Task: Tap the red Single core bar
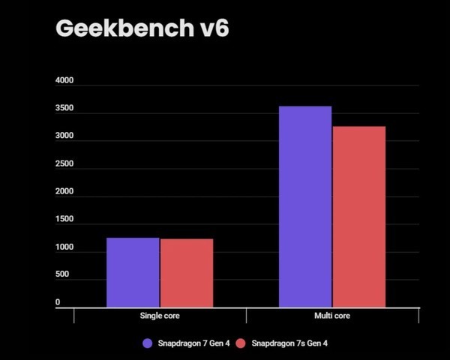pyautogui.click(x=186, y=273)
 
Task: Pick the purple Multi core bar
pyautogui.click(x=305, y=206)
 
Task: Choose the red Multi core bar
pyautogui.click(x=358, y=217)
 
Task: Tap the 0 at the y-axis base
pyautogui.click(x=58, y=302)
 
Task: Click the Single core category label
pyautogui.click(x=160, y=316)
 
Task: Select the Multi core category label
pyautogui.click(x=332, y=316)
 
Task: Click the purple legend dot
pyautogui.click(x=148, y=343)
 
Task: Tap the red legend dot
pyautogui.click(x=241, y=343)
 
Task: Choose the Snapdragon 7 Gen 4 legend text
pyautogui.click(x=193, y=343)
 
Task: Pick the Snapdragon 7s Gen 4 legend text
pyautogui.click(x=288, y=343)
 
